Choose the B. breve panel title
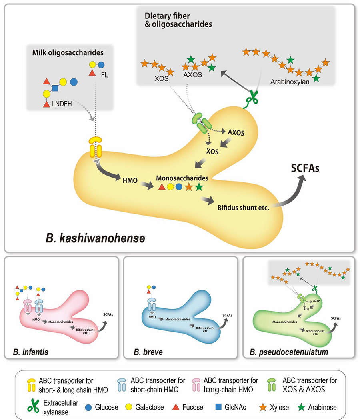[147, 352]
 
